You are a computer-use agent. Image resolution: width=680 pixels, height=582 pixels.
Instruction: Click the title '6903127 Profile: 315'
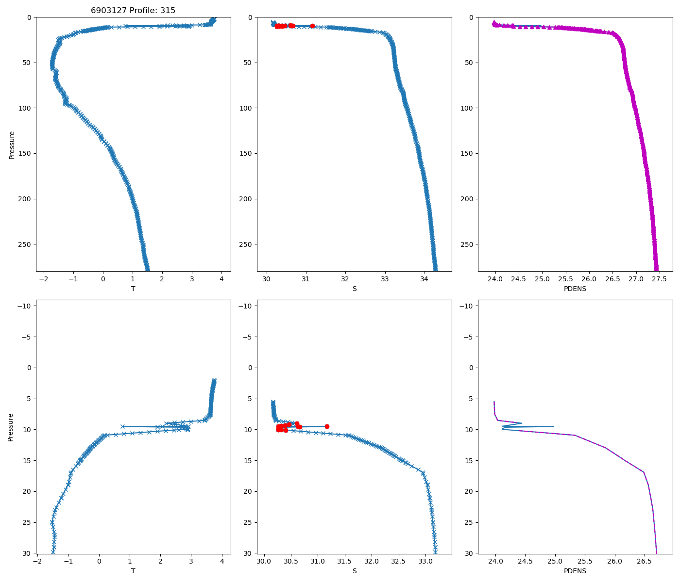click(133, 10)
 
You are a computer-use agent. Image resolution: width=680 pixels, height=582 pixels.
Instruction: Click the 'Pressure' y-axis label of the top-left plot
click(12, 145)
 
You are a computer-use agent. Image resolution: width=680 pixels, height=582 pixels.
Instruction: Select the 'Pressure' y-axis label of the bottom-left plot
click(11, 427)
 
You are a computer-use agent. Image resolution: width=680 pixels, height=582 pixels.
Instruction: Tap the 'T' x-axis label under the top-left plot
click(133, 289)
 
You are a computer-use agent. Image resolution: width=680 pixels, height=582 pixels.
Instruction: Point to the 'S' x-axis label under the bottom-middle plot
click(354, 571)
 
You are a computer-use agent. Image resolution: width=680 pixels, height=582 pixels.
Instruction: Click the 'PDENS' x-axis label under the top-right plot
click(575, 289)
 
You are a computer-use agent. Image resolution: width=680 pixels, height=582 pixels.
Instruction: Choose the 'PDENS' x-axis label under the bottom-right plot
click(575, 571)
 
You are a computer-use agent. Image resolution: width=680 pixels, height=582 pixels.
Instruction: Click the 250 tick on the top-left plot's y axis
click(25, 244)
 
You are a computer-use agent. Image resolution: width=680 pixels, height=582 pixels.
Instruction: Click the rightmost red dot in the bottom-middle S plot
click(327, 426)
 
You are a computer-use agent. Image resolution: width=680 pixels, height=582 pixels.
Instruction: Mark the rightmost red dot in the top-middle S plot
click(312, 26)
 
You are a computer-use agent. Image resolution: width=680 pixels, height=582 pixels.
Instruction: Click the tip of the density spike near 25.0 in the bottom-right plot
click(554, 426)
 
